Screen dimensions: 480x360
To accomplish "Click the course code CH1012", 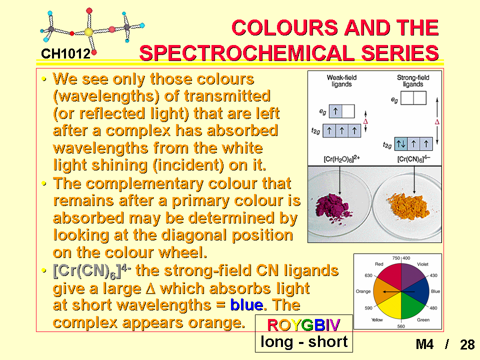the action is (65, 54).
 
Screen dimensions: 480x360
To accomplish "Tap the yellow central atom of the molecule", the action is (89, 32).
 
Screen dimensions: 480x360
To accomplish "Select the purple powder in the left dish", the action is (333, 206).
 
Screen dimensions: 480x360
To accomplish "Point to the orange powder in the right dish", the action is (409, 206).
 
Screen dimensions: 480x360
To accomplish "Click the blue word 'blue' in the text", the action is (246, 305).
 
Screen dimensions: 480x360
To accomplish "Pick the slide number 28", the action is (467, 344).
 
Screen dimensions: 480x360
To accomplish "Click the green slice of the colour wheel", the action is (413, 305).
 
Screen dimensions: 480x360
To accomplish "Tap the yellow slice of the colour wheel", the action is (389, 305).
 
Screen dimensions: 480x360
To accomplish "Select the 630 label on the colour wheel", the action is (368, 275).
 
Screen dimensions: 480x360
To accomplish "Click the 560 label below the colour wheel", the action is (401, 326).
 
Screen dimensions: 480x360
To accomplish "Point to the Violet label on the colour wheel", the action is (422, 264).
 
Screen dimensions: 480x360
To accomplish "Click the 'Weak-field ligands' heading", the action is (341, 81).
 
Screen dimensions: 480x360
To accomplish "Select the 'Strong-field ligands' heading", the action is (413, 81).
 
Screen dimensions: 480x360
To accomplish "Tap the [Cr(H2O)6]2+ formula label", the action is (341, 159).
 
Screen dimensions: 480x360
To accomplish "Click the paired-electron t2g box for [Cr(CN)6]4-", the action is (401, 144).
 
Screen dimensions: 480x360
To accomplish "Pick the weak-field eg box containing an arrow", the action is (335, 111).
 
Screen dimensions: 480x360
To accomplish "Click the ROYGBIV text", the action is (303, 325).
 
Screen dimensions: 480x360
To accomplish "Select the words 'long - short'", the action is (304, 341).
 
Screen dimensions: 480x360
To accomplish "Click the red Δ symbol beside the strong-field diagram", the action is (437, 122).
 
